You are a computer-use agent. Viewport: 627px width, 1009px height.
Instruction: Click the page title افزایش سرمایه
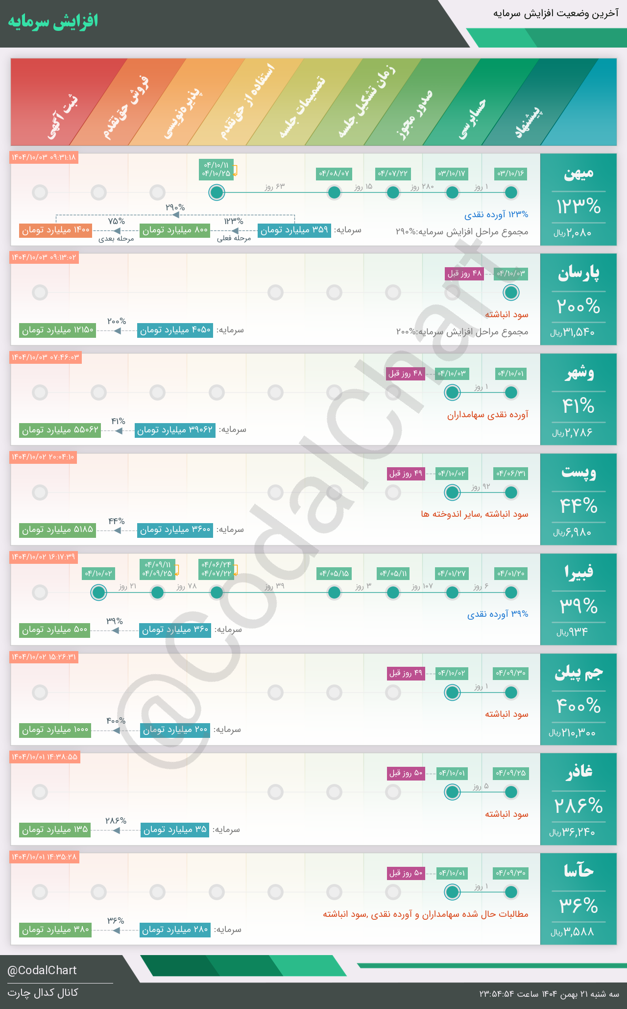[53, 22]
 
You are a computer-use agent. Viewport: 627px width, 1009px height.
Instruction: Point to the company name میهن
[579, 173]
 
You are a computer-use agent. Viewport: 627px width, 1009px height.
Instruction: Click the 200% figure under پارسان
[579, 307]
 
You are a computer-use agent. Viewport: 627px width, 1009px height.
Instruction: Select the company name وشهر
[579, 373]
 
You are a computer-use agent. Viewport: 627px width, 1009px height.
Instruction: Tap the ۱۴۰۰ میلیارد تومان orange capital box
[56, 230]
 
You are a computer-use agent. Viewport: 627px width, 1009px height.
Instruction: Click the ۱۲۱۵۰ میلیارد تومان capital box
[58, 330]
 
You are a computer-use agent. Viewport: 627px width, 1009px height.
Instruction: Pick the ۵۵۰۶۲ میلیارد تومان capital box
[60, 430]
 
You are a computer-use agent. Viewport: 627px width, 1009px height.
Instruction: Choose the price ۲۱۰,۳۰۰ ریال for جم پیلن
[572, 733]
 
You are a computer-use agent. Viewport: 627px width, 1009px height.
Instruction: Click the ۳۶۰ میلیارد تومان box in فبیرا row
[175, 630]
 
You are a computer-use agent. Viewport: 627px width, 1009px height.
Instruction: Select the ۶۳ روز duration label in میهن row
[274, 187]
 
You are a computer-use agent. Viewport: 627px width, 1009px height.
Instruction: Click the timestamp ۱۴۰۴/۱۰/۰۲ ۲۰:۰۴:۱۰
[43, 457]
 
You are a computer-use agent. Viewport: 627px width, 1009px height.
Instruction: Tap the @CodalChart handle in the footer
[42, 970]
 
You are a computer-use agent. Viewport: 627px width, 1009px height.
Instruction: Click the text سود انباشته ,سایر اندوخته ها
[475, 514]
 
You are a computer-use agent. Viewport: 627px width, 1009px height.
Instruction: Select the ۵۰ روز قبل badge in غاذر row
[406, 773]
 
